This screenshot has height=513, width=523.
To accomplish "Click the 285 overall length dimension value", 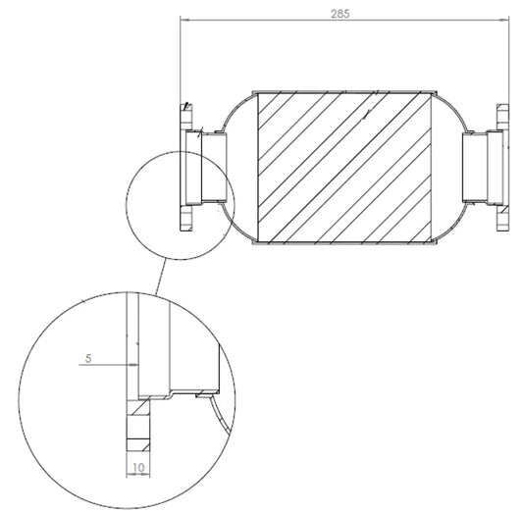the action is [x=340, y=14].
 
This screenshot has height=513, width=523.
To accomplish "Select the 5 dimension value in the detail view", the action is [x=88, y=359].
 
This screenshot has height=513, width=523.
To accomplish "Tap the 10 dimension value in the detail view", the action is [x=138, y=468].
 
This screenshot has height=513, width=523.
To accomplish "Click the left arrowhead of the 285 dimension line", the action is [x=184, y=20].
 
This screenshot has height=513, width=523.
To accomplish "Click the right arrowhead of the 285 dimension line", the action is [x=504, y=20].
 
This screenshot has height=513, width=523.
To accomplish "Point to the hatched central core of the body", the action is [x=344, y=168].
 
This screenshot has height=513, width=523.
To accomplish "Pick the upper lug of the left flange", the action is [x=186, y=117].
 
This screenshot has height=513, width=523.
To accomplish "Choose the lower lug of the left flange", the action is [x=186, y=218].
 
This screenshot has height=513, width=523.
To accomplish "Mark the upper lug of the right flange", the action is [x=502, y=117].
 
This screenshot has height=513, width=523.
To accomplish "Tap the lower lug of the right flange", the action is [x=502, y=218].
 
